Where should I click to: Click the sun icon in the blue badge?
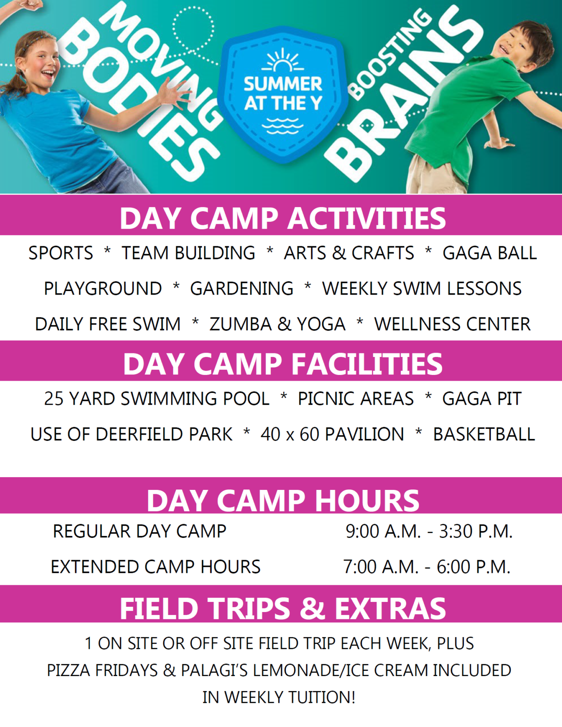283,61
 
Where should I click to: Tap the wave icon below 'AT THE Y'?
283,126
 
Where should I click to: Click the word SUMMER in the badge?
283,83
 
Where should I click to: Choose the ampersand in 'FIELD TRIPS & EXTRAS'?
312,608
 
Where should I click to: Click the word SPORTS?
61,253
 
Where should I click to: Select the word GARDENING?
241,289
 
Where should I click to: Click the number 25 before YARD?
54,399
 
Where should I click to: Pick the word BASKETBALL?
484,434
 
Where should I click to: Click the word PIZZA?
67,670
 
